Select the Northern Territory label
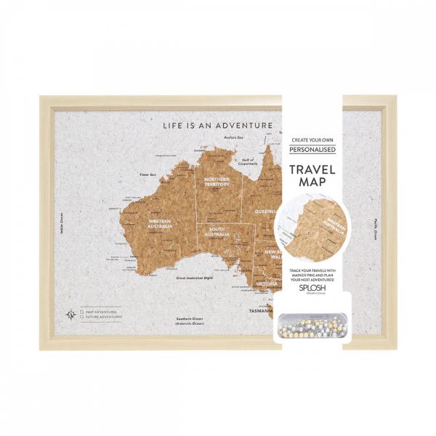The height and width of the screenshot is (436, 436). coord(217,182)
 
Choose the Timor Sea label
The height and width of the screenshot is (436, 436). coord(148,175)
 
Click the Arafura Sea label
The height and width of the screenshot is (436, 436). coord(233,137)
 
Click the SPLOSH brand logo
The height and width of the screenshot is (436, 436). coord(313,288)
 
